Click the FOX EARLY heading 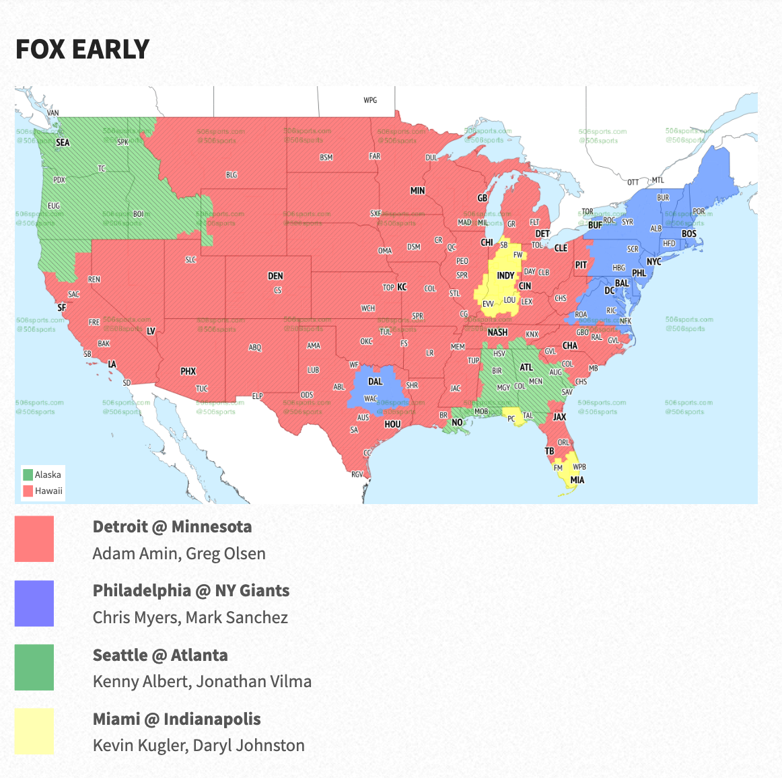(82, 49)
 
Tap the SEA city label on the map (63, 143)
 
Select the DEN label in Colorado (275, 276)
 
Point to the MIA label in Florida (577, 480)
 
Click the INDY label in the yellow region (505, 276)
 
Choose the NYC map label (653, 261)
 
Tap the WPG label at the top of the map (370, 100)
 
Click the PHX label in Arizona (188, 372)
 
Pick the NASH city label (497, 332)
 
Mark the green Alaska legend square (28, 474)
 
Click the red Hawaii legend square (28, 491)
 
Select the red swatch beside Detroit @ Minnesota (34, 539)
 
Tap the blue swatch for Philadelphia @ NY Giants (34, 604)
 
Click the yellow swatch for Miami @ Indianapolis (34, 732)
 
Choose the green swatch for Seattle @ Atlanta (34, 668)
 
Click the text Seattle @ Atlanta (160, 655)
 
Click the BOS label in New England (688, 234)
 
